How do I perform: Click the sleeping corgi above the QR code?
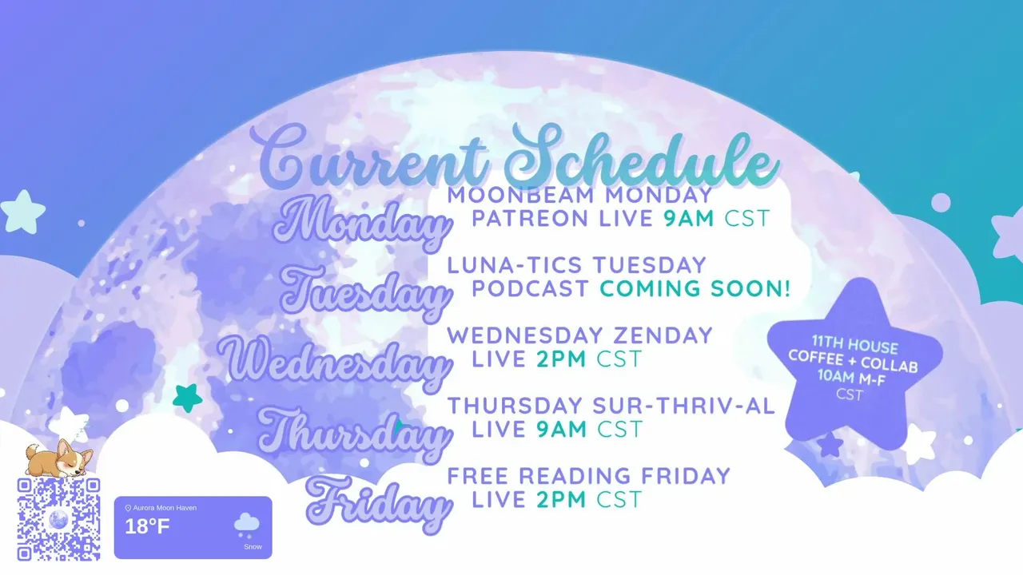58,458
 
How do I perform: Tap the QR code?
58,519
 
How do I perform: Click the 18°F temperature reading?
147,526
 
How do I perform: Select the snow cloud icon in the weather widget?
247,525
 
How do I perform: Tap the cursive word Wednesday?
335,363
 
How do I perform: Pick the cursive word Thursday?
354,434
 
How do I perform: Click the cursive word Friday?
378,504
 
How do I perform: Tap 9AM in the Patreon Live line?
689,218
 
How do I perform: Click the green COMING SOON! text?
695,288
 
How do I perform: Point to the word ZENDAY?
663,335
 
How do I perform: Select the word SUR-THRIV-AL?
684,406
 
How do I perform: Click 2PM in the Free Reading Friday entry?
561,499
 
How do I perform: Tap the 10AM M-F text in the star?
851,378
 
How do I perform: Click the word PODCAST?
530,288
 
